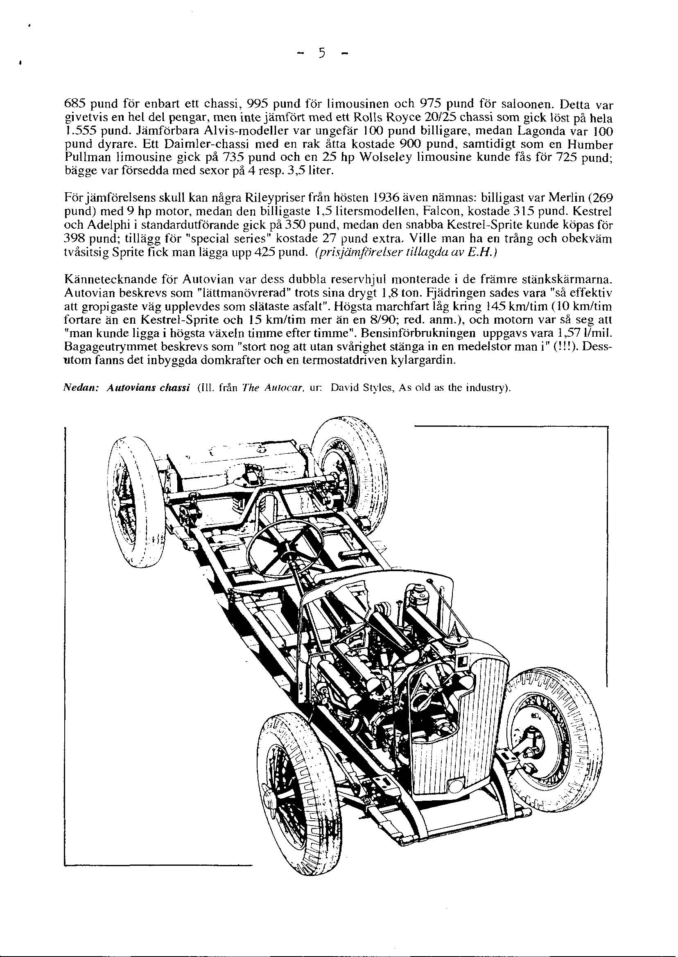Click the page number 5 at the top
(321, 54)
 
